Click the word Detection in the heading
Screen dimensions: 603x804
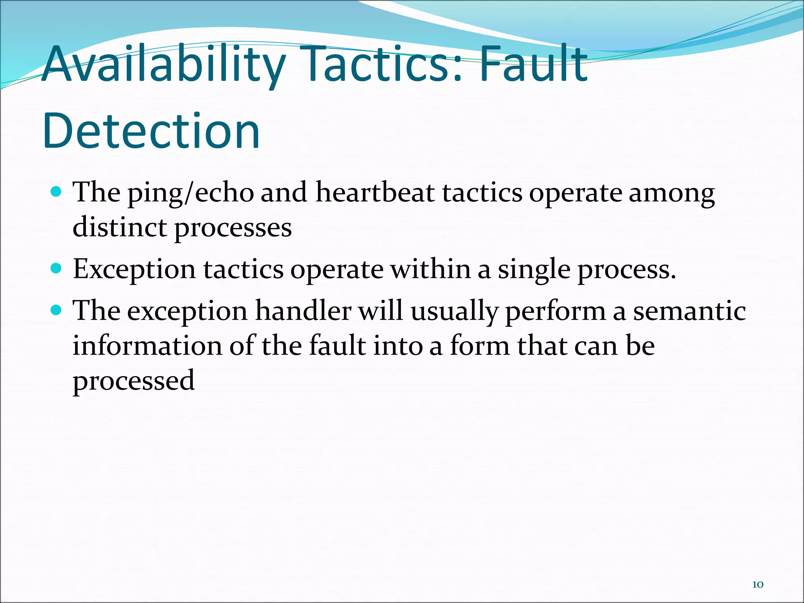coord(151,132)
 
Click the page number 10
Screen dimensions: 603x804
coord(758,585)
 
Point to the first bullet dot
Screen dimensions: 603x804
coord(57,192)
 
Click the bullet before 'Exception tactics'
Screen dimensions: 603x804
coord(57,269)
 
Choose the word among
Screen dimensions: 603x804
coord(672,193)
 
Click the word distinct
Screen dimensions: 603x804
coord(120,227)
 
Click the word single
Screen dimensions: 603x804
coord(534,270)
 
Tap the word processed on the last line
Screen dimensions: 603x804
coord(133,381)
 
